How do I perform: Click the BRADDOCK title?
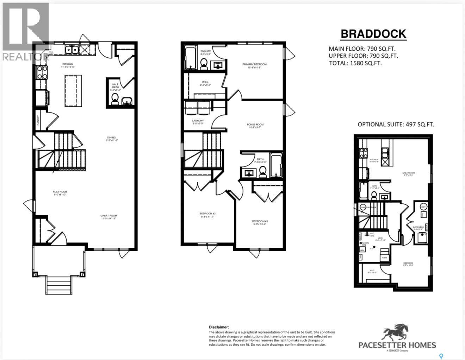click(373, 34)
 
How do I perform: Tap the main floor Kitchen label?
click(68, 64)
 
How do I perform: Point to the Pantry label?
click(38, 120)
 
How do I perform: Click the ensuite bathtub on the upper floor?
click(190, 58)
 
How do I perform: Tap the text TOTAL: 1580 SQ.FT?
click(355, 63)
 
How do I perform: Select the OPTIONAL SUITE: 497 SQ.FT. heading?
click(396, 124)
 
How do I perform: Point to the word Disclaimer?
click(219, 327)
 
